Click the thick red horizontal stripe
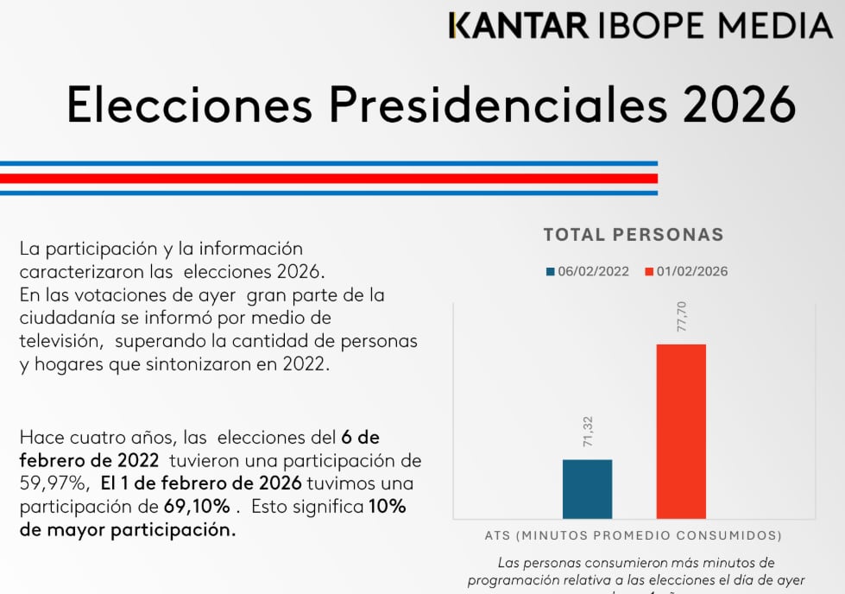point(328,179)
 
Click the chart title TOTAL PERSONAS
point(634,234)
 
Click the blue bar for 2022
point(587,489)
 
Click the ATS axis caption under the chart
point(634,535)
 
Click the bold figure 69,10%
point(198,506)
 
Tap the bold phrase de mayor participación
point(127,530)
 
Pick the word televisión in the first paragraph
point(59,341)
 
